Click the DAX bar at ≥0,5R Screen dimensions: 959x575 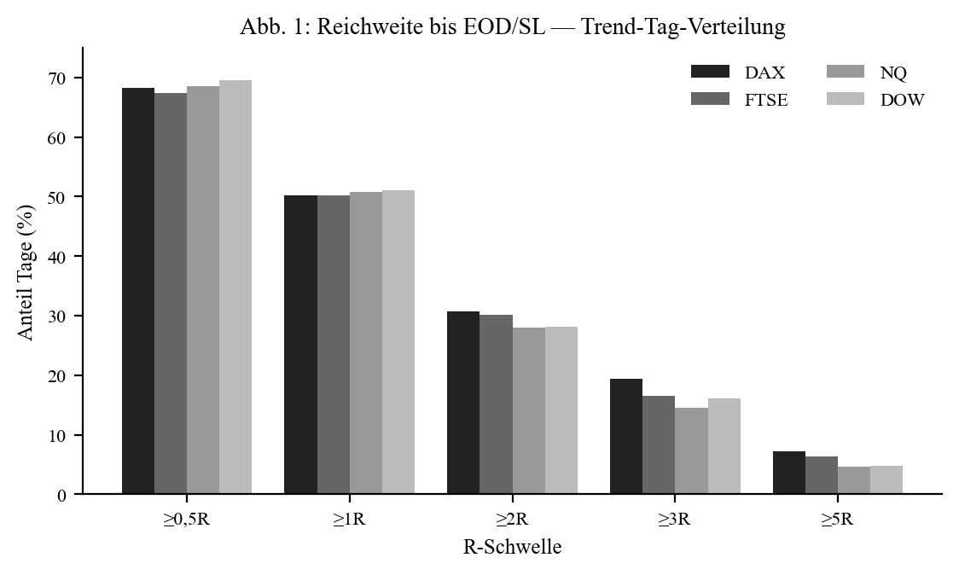click(138, 291)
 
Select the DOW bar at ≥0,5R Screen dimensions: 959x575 click(235, 287)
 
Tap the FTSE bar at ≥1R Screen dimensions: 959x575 click(334, 345)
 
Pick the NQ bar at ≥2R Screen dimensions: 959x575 click(528, 410)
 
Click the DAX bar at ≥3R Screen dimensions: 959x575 click(626, 436)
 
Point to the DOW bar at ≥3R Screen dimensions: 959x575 click(724, 446)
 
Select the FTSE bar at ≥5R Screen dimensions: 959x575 click(822, 474)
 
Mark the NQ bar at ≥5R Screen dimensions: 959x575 click(854, 480)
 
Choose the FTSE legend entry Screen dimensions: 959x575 click(740, 99)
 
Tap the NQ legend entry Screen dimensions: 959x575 click(867, 73)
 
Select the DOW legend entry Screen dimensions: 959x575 click(876, 99)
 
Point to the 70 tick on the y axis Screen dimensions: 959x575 click(78, 78)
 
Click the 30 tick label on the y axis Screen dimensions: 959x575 click(57, 316)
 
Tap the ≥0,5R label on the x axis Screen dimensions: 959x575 click(187, 520)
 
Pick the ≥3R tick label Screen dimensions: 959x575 click(675, 520)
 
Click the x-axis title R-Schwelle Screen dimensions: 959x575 click(513, 546)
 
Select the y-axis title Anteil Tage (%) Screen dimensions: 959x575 click(25, 271)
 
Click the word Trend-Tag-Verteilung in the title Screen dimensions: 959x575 click(683, 26)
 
